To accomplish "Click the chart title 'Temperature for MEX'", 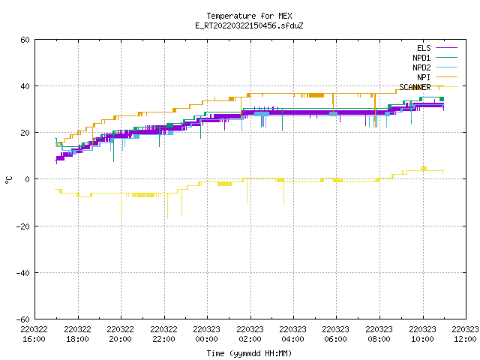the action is click(249, 16).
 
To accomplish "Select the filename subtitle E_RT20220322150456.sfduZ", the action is click(249, 25).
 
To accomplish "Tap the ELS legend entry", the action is click(437, 48).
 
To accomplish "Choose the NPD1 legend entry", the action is click(435, 58).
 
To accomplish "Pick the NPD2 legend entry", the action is click(435, 67).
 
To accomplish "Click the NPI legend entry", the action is click(437, 77).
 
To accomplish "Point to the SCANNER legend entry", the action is click(428, 87).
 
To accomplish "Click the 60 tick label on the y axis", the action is click(25, 40).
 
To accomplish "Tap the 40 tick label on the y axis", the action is click(25, 86).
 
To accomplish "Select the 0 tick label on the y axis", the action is click(28, 179).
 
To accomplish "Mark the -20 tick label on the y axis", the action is click(23, 226).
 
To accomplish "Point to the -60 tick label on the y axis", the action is click(23, 319).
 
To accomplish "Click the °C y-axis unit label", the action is click(8, 180).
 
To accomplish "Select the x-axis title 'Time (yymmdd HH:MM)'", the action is click(249, 353).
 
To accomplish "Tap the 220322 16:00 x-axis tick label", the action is click(34, 334).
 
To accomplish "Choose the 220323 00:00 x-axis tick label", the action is click(207, 334).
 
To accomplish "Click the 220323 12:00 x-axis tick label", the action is click(465, 334).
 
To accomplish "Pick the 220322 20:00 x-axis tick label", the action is click(120, 334).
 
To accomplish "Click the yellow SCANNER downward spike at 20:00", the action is click(121, 206).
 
